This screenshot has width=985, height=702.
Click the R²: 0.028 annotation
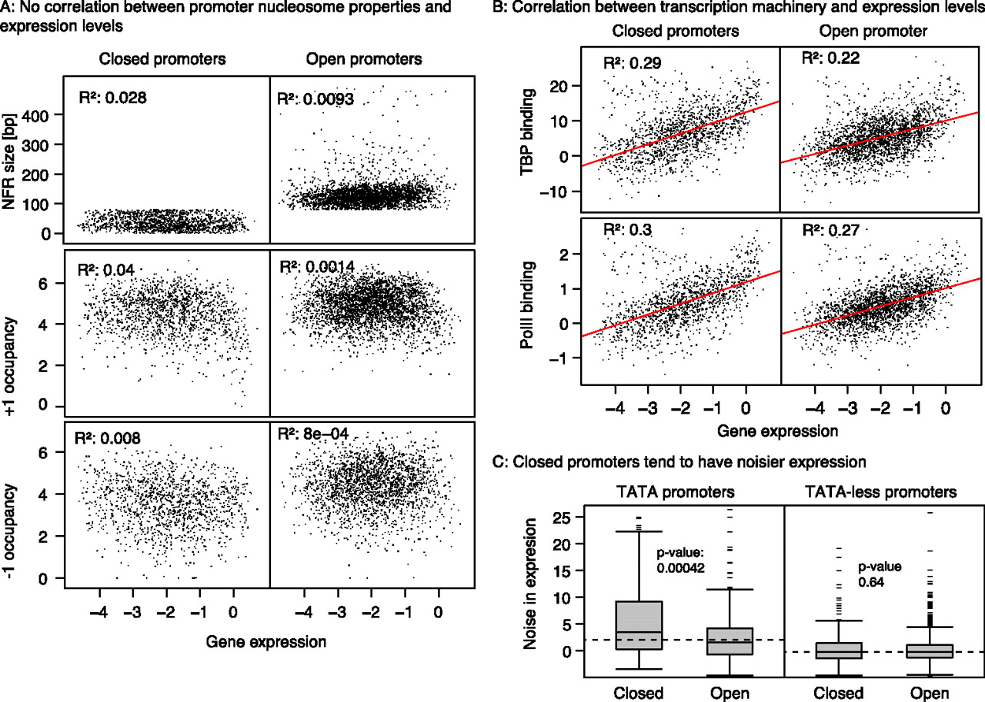click(112, 98)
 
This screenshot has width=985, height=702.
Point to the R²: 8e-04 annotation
click(316, 441)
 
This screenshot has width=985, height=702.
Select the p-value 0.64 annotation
click(880, 574)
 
